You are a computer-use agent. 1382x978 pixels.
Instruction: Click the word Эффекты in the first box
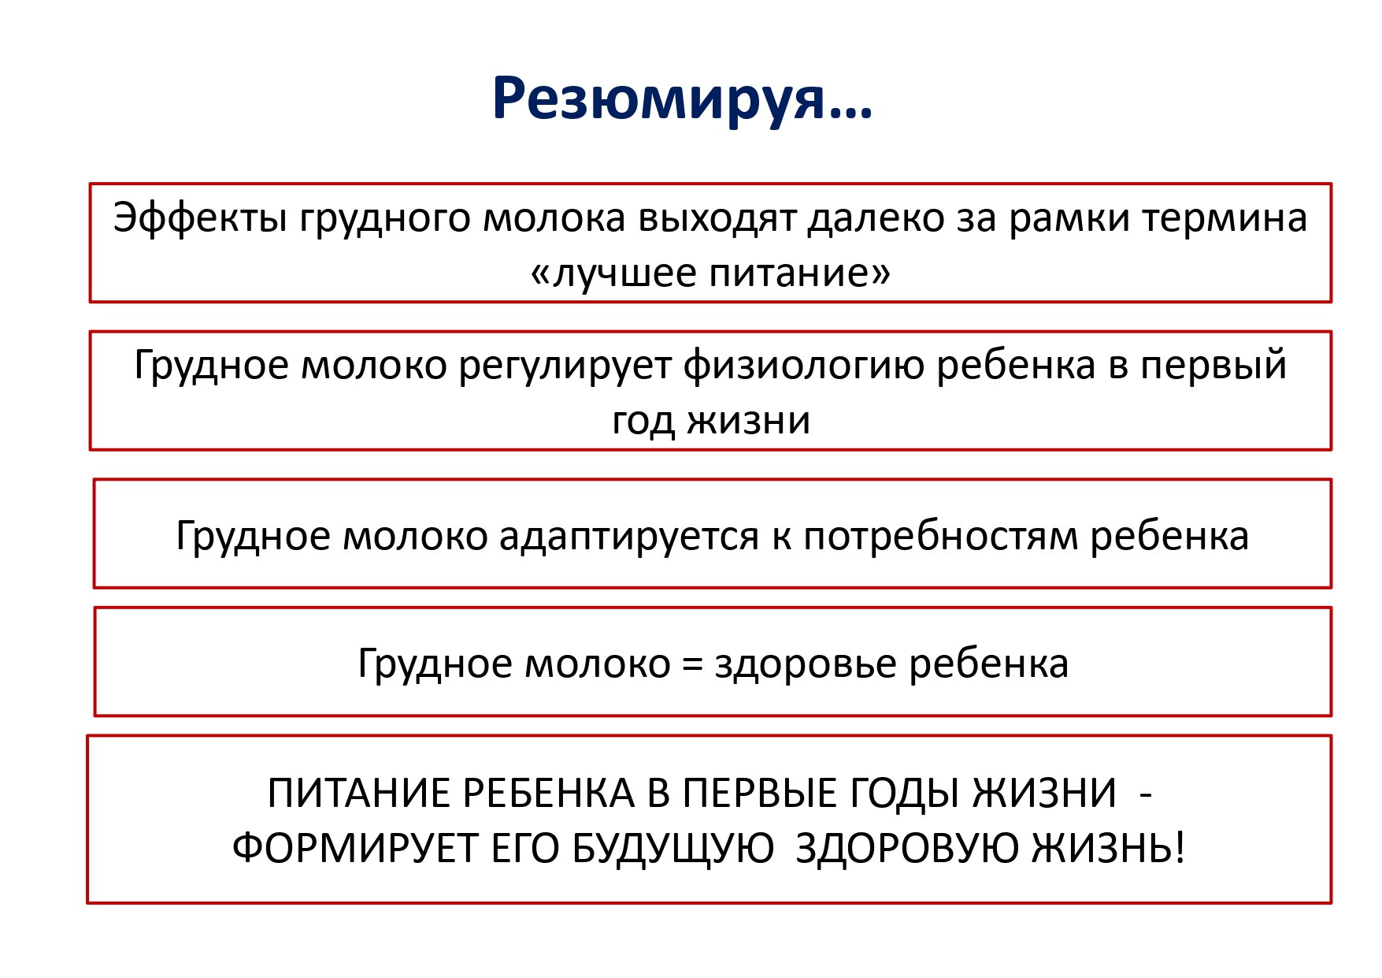200,218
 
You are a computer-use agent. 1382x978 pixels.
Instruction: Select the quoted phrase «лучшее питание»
710,273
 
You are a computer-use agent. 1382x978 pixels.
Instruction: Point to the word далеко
876,219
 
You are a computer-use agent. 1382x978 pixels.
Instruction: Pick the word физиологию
803,366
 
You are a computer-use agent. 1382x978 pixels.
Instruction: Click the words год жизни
710,420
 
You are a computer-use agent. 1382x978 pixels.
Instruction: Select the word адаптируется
629,537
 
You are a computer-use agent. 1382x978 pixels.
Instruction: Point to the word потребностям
940,536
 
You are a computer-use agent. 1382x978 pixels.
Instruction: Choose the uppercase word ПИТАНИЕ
358,794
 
